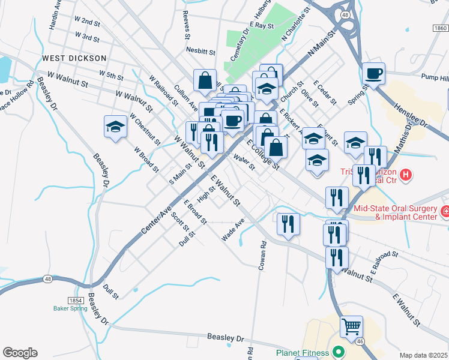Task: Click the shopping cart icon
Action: pyautogui.click(x=351, y=327)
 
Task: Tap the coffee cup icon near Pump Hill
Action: pyautogui.click(x=373, y=74)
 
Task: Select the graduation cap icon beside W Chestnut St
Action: pyautogui.click(x=115, y=127)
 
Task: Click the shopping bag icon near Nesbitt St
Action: pyautogui.click(x=205, y=80)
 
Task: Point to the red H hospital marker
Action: pyautogui.click(x=406, y=175)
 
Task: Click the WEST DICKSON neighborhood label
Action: pyautogui.click(x=74, y=58)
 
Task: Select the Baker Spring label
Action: pyautogui.click(x=70, y=308)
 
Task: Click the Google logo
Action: pyautogui.click(x=20, y=353)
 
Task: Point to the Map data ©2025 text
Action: pyautogui.click(x=424, y=355)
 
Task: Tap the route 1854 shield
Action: pyautogui.click(x=75, y=300)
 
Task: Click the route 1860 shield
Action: pyautogui.click(x=440, y=28)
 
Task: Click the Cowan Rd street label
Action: pyautogui.click(x=262, y=256)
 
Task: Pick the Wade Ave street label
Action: pyautogui.click(x=233, y=230)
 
